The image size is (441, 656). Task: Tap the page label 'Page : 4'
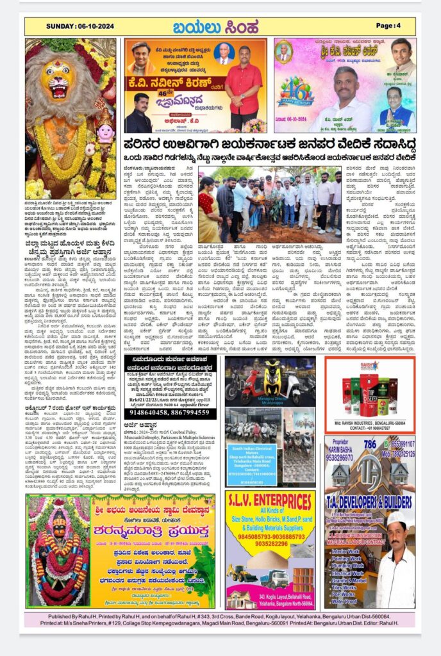coord(388,26)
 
